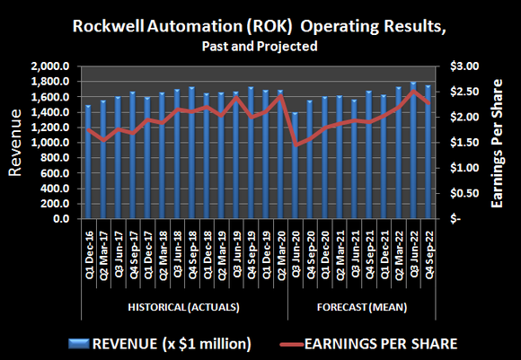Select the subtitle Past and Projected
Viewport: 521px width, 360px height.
point(260,45)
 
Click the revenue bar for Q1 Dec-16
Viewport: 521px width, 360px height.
point(88,162)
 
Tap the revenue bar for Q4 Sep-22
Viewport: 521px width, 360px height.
point(428,152)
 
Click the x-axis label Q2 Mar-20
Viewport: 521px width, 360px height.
point(281,256)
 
